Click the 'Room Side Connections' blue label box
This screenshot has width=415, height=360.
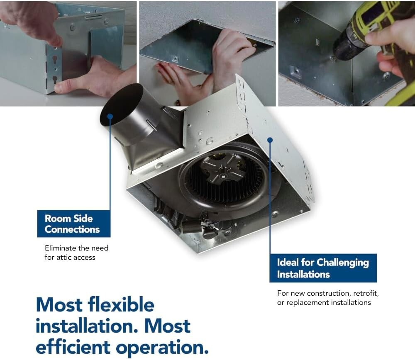(x=73, y=224)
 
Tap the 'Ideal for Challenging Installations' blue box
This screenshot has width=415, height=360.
(x=323, y=268)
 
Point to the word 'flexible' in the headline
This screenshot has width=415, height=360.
(x=121, y=305)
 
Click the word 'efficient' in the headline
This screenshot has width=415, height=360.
(x=73, y=346)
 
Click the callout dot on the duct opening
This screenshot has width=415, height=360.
(x=110, y=116)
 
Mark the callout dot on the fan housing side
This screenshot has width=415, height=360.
(x=270, y=140)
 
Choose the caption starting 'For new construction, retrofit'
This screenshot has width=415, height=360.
(x=328, y=298)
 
